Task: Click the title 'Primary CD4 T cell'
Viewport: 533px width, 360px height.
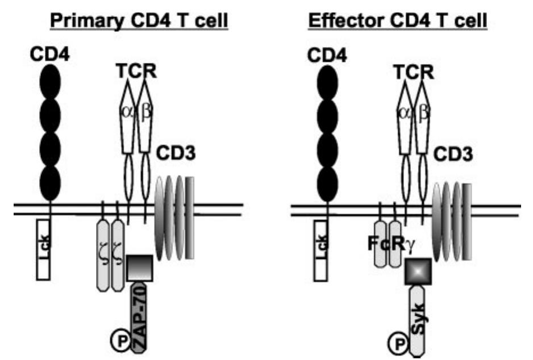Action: coord(139,21)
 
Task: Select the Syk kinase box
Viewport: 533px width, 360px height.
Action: coord(418,321)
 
